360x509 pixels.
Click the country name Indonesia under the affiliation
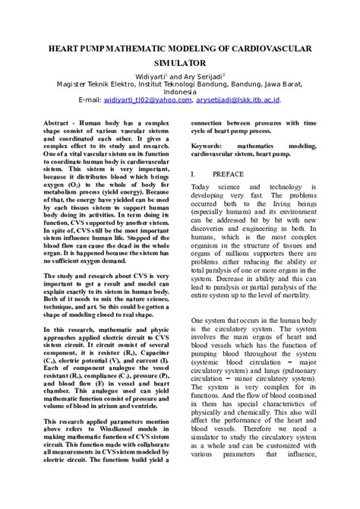click(x=180, y=92)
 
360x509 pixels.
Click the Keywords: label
click(x=207, y=144)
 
